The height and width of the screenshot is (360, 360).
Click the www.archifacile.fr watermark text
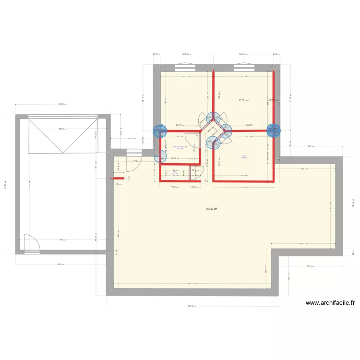click(330, 303)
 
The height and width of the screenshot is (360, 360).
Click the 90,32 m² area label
click(212, 209)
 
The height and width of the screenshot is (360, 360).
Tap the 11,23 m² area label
click(244, 100)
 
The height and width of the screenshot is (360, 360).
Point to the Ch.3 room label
click(244, 156)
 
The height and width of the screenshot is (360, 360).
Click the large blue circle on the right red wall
click(274, 130)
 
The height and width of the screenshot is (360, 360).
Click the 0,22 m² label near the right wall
click(274, 100)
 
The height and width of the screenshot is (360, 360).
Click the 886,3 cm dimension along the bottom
click(192, 306)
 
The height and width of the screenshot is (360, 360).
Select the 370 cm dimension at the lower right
click(310, 266)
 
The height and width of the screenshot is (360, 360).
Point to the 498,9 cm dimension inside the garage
click(63, 129)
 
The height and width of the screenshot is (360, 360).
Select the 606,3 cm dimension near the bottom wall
click(192, 283)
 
